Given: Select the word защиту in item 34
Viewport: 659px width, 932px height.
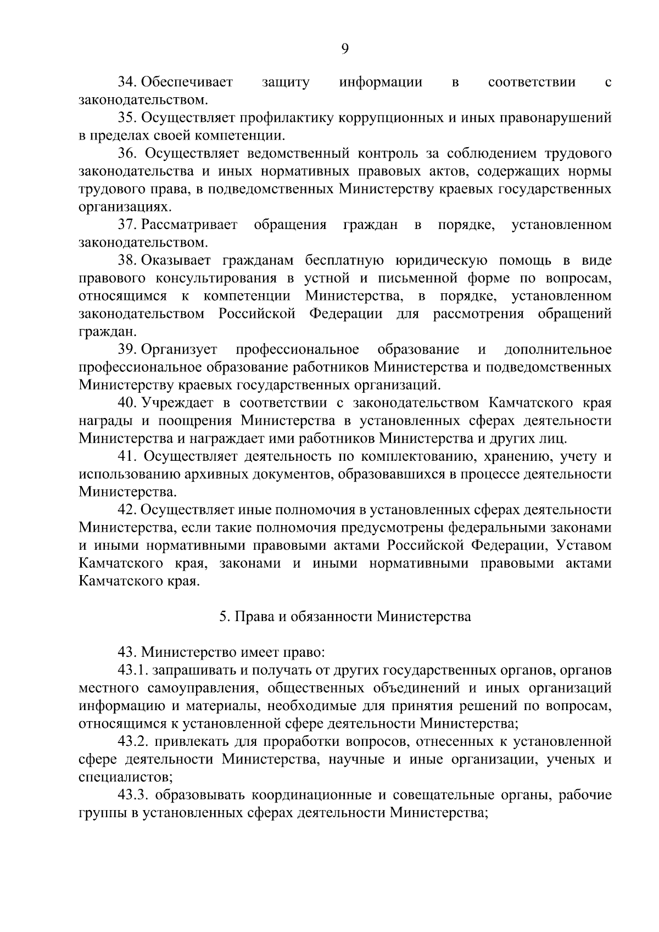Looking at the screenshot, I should point(286,82).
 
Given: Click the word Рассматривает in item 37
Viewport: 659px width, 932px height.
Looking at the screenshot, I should point(190,225).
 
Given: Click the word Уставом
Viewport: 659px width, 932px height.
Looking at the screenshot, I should point(584,545).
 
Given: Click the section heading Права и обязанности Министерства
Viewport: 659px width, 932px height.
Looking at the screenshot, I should point(345,617).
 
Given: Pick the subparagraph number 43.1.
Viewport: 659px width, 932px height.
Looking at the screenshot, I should point(132,671).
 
